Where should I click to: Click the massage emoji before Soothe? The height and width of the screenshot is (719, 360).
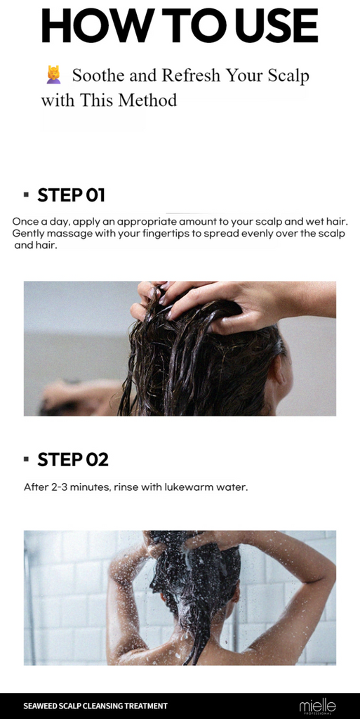pyautogui.click(x=53, y=74)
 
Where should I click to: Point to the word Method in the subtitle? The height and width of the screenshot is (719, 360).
pyautogui.click(x=147, y=100)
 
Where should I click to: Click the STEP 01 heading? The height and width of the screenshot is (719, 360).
pyautogui.click(x=71, y=195)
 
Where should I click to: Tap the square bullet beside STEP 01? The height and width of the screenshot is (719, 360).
pyautogui.click(x=26, y=195)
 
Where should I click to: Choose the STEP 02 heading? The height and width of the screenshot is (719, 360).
pyautogui.click(x=73, y=459)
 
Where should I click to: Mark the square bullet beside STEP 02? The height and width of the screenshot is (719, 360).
pyautogui.click(x=26, y=459)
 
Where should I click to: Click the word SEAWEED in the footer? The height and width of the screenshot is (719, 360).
pyautogui.click(x=38, y=706)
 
